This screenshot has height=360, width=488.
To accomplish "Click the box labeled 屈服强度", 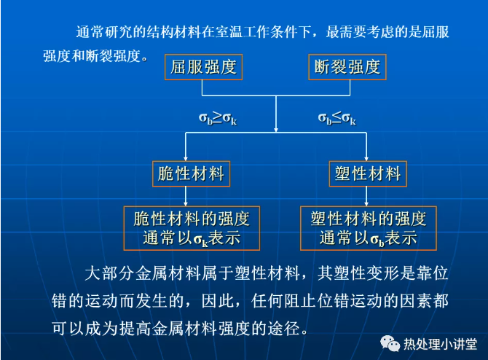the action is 203,67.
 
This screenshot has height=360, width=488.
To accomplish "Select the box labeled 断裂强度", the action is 347,67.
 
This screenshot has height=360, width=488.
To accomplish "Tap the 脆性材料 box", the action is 191,173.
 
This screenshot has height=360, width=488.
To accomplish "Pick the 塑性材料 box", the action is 368,173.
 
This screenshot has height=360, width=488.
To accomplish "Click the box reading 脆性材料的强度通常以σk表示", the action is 192,228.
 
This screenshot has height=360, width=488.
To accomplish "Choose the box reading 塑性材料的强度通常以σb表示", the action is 369,228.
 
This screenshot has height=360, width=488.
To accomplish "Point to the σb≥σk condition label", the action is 218,118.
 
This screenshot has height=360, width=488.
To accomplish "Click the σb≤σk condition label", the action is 337,118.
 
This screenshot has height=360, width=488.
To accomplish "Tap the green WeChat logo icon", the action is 390,343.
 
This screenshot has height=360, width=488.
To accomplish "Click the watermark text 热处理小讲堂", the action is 441,344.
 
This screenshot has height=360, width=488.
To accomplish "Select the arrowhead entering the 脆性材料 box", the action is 186,159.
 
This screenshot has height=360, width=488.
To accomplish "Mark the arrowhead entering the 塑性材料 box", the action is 366,159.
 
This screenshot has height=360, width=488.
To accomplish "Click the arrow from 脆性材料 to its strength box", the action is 186,197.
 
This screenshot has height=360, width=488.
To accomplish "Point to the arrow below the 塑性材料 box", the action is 366,197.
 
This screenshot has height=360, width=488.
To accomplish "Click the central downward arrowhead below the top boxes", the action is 276,130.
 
